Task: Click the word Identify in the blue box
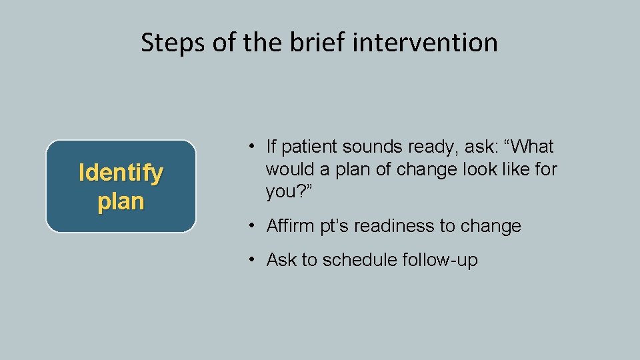121,173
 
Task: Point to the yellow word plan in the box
121,201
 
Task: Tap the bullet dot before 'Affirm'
247,226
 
